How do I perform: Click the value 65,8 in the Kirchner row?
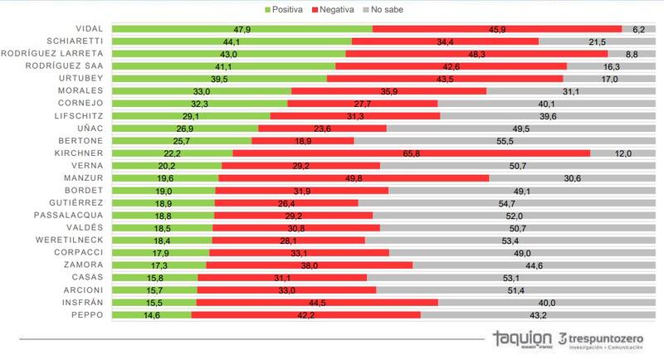pyautogui.click(x=411, y=153)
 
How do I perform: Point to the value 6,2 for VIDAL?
pyautogui.click(x=638, y=28)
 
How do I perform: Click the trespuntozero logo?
pyautogui.click(x=605, y=340)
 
